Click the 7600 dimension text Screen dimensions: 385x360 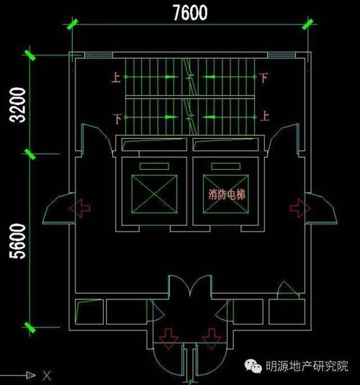pos(190,12)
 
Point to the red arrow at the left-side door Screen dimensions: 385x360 pos(81,208)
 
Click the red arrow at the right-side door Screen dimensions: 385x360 pos(297,208)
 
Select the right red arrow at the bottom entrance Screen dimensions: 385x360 pos(210,336)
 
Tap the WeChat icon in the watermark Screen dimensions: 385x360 pos(256,366)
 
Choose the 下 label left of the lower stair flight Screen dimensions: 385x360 pos(116,117)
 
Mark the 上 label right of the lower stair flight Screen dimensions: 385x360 pos(264,115)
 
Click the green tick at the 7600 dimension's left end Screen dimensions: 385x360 pos(73,25)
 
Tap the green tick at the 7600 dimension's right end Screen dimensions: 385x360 pos(309,25)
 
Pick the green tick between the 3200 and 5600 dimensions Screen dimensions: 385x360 pos(31,153)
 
